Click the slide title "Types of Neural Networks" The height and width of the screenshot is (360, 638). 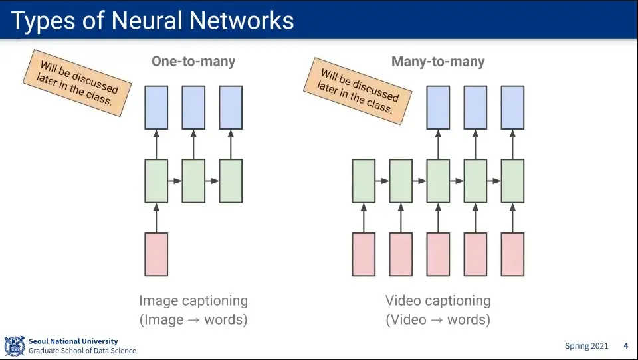click(152, 20)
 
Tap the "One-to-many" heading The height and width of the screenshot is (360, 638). click(193, 62)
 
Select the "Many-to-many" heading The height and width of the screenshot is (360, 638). click(438, 62)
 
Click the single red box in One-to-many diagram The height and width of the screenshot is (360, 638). click(156, 254)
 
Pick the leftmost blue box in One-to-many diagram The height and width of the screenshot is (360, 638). click(156, 107)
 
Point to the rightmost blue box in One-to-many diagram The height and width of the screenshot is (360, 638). click(231, 107)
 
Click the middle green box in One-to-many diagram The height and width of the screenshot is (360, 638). click(193, 181)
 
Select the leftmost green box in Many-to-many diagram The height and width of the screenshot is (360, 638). click(364, 181)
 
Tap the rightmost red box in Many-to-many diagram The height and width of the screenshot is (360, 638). click(512, 254)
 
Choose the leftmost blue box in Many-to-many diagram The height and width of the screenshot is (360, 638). click(438, 107)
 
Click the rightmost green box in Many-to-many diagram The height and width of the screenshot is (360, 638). click(512, 181)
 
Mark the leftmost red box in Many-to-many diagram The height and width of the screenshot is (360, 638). click(364, 254)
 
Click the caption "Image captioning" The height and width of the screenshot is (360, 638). click(193, 301)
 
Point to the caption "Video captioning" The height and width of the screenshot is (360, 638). click(438, 301)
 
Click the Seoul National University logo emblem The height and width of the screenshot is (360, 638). click(14, 346)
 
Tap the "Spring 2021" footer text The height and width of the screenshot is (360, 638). click(586, 346)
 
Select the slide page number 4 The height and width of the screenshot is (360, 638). click(625, 346)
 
